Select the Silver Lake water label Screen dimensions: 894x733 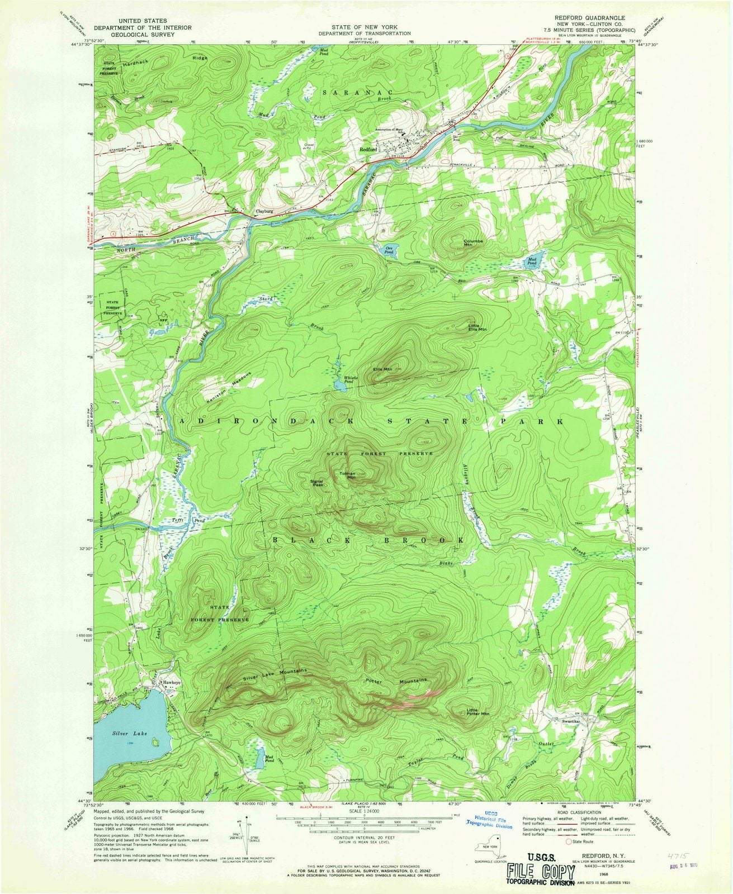click(x=129, y=733)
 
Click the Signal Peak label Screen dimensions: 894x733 click(x=317, y=483)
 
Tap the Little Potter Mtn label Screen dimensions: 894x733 click(x=478, y=712)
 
